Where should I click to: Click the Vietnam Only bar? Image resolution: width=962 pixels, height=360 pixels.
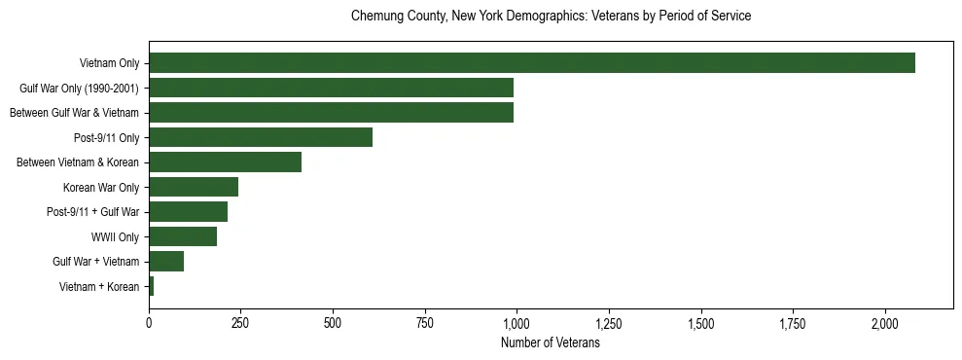[x=531, y=63]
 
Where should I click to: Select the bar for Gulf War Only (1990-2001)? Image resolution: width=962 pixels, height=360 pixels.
[x=331, y=89]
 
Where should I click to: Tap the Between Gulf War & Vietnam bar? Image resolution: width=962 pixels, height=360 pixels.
[x=331, y=113]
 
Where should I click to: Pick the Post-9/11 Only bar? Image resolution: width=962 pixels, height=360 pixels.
[x=261, y=137]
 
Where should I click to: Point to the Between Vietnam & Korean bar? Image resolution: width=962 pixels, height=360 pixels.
[x=225, y=162]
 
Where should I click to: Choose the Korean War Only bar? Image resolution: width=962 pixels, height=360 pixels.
[x=194, y=187]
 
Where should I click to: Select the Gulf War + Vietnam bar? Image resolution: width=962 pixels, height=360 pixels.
[x=166, y=262]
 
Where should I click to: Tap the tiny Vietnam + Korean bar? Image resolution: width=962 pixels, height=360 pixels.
[x=152, y=286]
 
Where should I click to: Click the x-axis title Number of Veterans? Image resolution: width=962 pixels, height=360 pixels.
[x=550, y=343]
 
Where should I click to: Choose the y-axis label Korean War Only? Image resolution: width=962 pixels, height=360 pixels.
[x=101, y=187]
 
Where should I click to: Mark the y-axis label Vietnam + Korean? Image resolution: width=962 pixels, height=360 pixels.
[x=99, y=286]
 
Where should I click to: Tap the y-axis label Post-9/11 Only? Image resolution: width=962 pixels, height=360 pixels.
[x=107, y=137]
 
